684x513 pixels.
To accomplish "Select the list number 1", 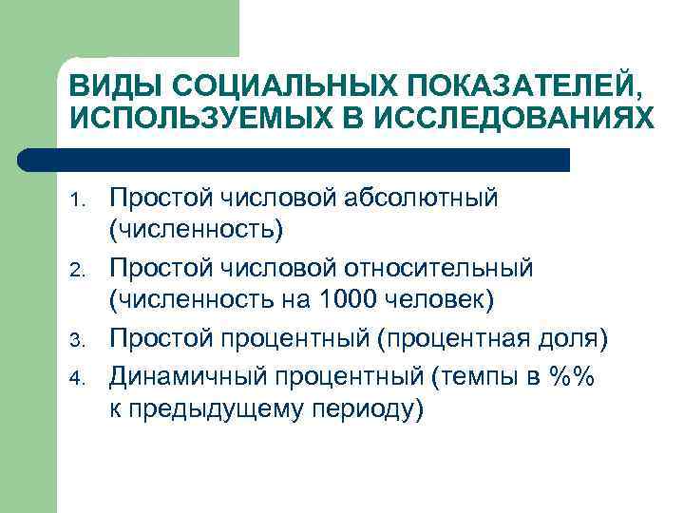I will pos(80,199).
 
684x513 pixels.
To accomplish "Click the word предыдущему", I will pos(226,409).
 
